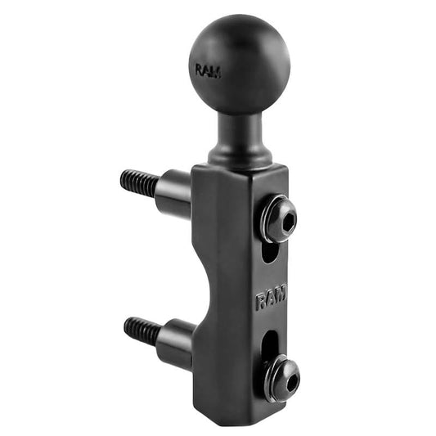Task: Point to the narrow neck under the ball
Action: pyautogui.click(x=240, y=131)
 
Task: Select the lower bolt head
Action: pyautogui.click(x=280, y=378)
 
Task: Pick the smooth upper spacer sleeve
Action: pyautogui.click(x=173, y=191)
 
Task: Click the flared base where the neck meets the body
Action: pyautogui.click(x=240, y=157)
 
